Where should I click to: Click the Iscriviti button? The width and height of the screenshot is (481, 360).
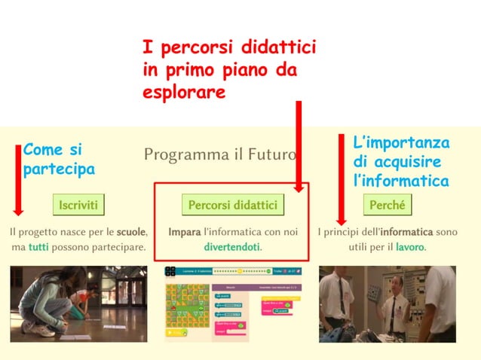(78, 204)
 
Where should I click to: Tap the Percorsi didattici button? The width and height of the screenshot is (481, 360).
(232, 204)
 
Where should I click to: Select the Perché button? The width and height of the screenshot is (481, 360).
(388, 204)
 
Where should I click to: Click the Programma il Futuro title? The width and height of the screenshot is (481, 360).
(219, 156)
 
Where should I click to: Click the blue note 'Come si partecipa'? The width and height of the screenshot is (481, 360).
(58, 159)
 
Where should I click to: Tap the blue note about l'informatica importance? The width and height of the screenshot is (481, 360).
(401, 162)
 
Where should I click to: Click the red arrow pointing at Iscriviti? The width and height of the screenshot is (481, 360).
(18, 180)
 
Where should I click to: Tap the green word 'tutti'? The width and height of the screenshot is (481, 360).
(38, 246)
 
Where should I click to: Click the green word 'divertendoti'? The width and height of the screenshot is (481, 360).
(232, 246)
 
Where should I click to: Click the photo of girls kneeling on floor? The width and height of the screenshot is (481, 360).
(78, 304)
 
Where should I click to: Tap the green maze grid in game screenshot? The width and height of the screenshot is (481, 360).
(186, 311)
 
